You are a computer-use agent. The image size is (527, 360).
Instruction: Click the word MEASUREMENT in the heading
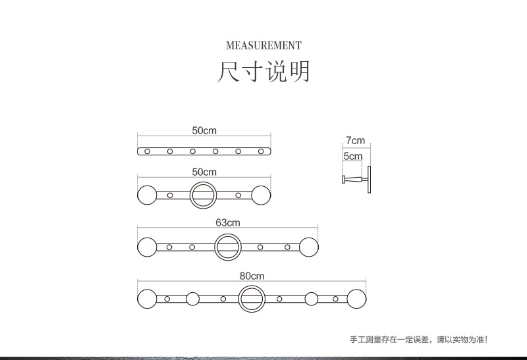[x=263, y=45]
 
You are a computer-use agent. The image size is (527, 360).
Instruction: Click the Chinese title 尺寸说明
[x=263, y=72]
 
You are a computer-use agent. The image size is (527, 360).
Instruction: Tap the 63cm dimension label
[x=227, y=222]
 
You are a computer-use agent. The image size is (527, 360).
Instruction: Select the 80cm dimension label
[x=252, y=276]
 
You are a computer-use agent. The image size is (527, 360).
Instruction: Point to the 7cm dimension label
[x=355, y=141]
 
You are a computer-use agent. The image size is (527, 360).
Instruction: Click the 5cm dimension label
[x=352, y=157]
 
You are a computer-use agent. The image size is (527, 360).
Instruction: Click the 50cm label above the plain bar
[x=204, y=130]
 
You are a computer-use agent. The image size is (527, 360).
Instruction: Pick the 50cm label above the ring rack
[x=204, y=172]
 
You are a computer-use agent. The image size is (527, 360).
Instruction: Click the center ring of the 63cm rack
[x=227, y=247]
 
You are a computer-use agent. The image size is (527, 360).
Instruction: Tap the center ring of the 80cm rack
[x=252, y=299]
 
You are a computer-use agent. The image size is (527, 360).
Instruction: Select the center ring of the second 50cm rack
[x=203, y=195]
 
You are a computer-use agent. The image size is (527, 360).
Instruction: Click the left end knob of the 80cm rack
[x=147, y=299]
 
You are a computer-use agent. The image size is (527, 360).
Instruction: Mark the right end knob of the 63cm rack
[x=309, y=247]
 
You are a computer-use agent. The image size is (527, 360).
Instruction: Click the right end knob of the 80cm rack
[x=356, y=299]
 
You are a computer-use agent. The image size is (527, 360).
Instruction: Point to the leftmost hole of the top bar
[x=148, y=151]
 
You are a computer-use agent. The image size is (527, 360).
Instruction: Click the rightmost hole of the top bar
[x=261, y=151]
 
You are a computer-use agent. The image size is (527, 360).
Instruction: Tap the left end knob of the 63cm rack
[x=146, y=247]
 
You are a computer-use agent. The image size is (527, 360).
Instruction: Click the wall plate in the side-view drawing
[x=370, y=180]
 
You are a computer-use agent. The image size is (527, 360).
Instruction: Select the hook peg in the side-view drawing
[x=353, y=180]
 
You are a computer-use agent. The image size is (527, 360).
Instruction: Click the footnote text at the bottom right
[x=418, y=340]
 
